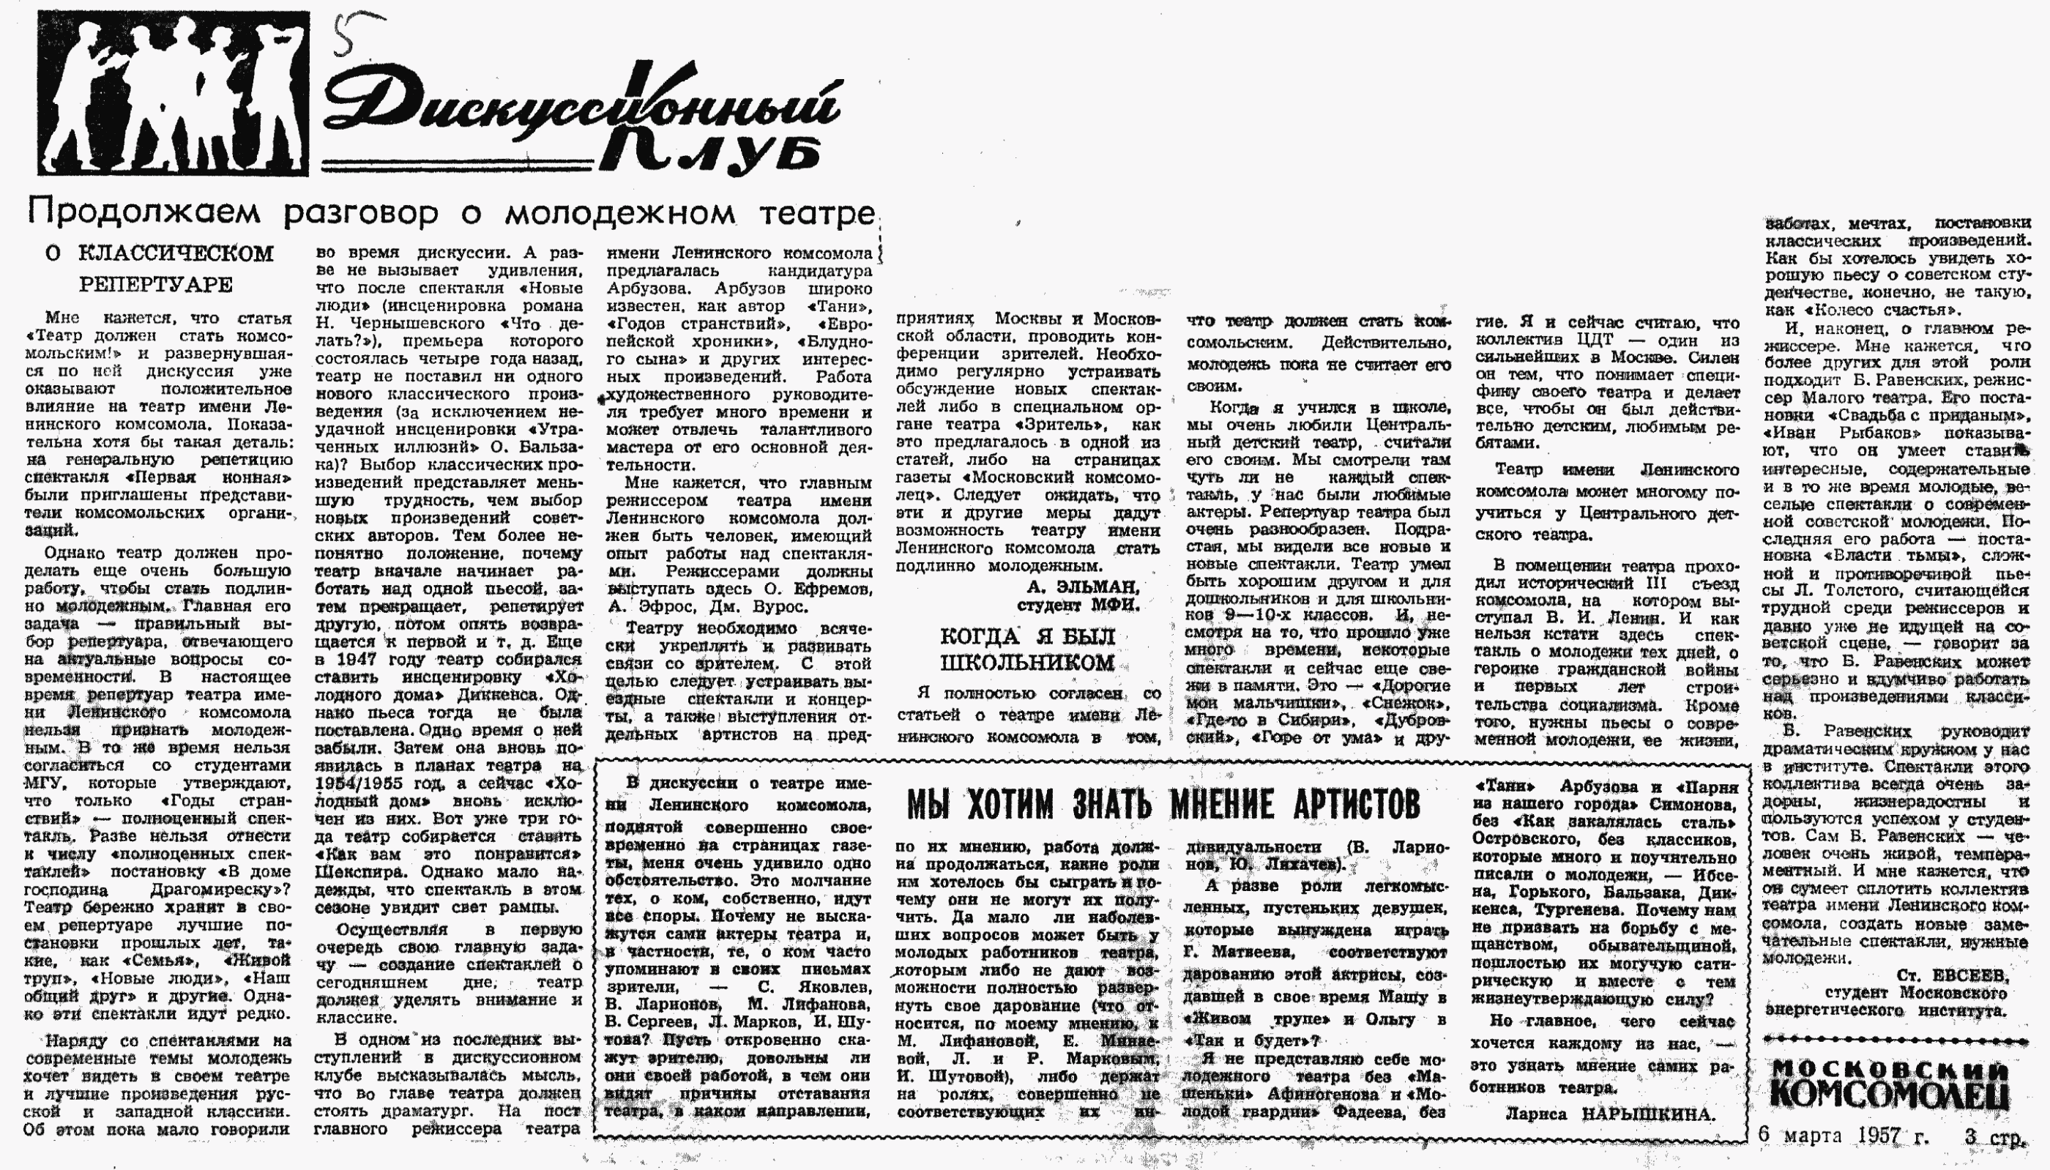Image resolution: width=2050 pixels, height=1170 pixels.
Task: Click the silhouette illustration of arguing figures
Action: point(173,93)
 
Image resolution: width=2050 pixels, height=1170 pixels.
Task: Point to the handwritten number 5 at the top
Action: point(344,35)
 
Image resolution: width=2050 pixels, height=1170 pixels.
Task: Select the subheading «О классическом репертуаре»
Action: point(159,269)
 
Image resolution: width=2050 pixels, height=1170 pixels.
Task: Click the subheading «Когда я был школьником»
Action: point(1027,649)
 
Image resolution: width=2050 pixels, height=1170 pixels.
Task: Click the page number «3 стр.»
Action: point(1995,1137)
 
